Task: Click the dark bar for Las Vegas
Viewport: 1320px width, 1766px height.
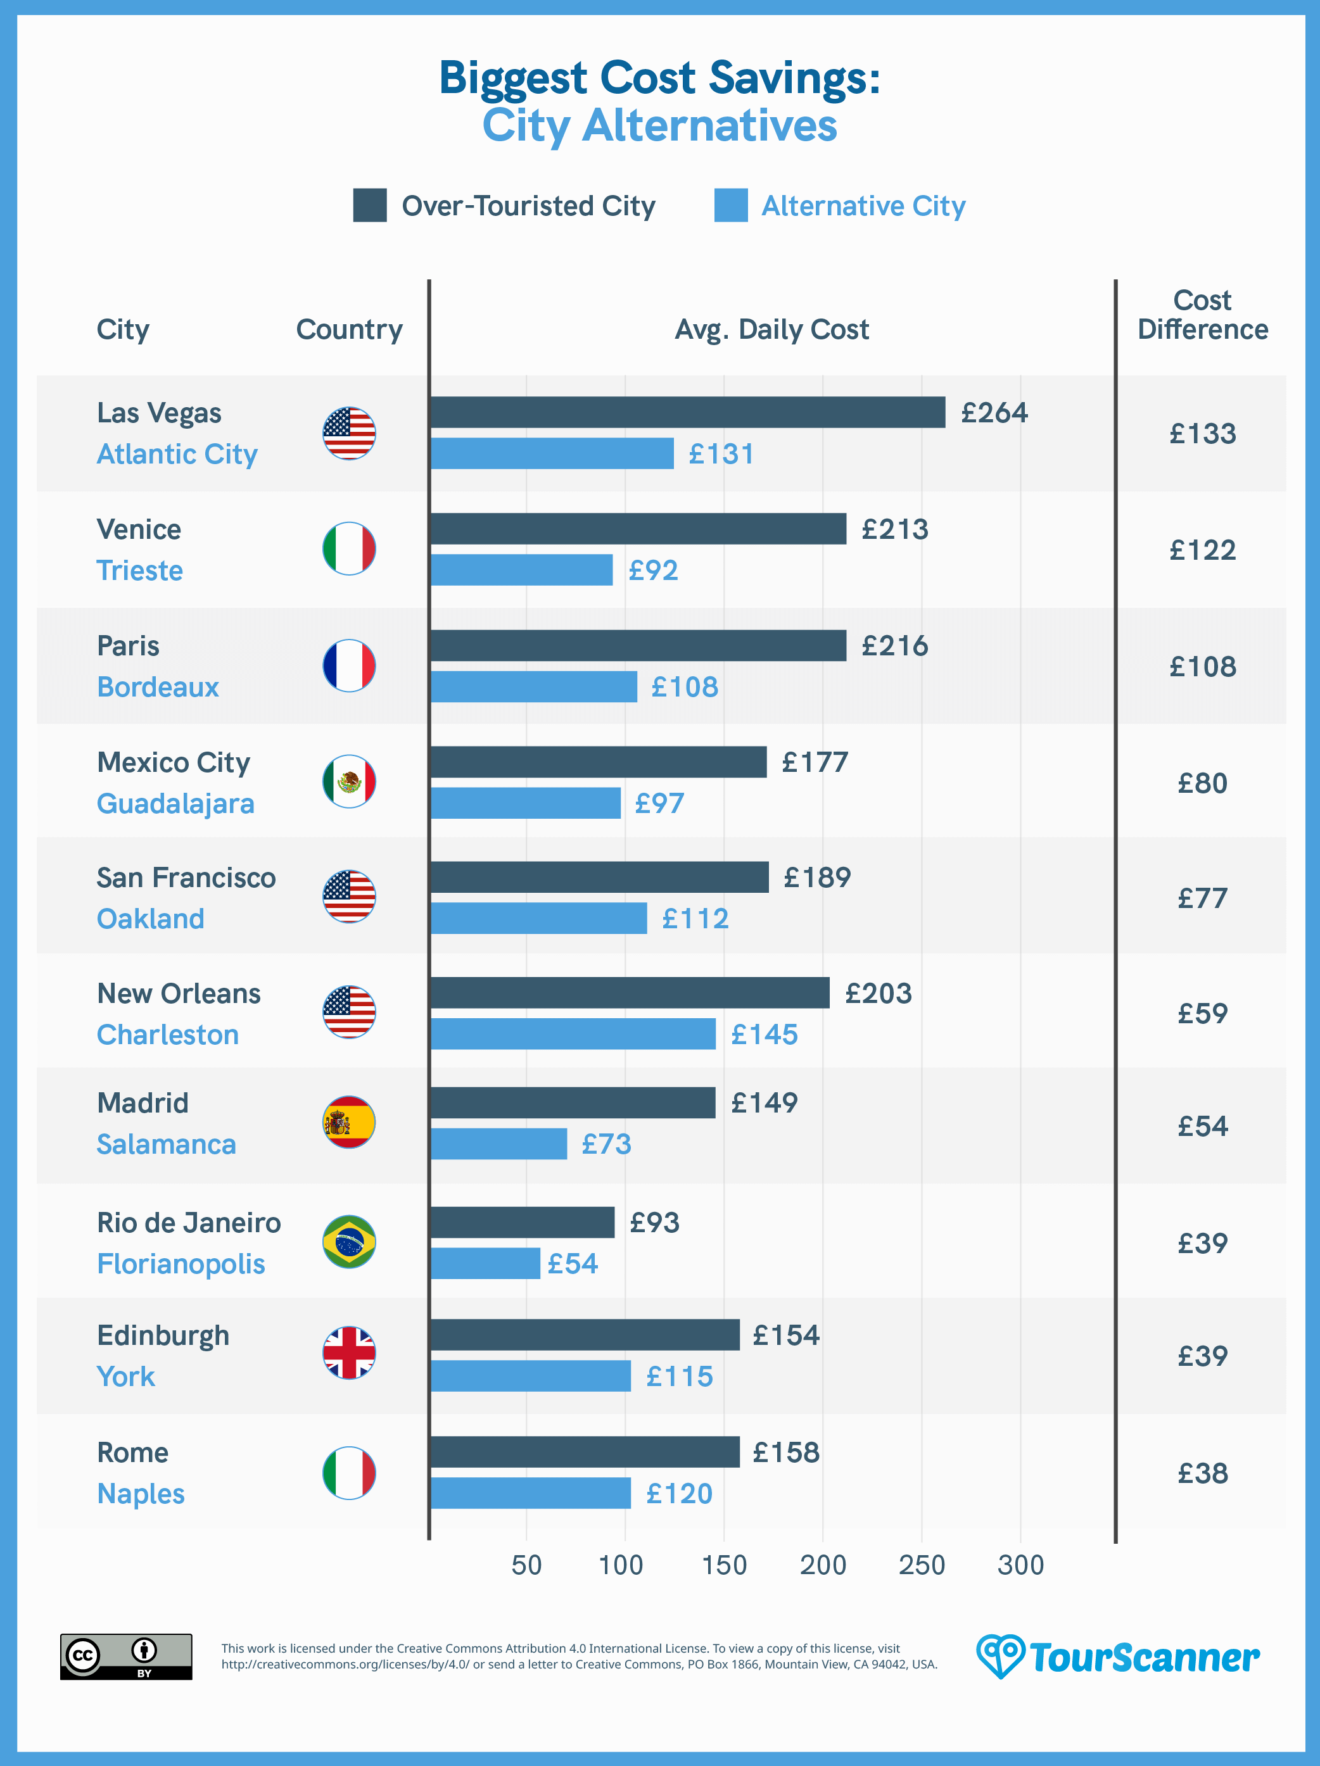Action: click(x=687, y=412)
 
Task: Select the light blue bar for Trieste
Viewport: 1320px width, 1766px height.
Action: click(x=521, y=570)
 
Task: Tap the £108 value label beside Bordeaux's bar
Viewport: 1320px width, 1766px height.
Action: click(x=684, y=686)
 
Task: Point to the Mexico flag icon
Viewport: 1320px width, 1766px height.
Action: click(x=349, y=781)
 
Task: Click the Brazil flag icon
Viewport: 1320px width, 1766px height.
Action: click(x=349, y=1242)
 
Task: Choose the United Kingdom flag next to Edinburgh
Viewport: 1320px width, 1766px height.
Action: click(x=349, y=1353)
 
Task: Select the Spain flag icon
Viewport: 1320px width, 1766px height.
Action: click(x=349, y=1123)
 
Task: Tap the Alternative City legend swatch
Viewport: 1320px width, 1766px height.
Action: click(x=731, y=205)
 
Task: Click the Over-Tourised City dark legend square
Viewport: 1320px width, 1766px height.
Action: click(x=370, y=205)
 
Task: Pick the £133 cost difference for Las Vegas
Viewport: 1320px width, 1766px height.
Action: click(x=1203, y=434)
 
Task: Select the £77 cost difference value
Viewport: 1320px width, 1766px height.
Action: click(x=1203, y=898)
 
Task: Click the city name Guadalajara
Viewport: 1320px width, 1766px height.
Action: click(x=175, y=803)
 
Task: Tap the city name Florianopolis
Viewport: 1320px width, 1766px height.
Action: click(x=181, y=1264)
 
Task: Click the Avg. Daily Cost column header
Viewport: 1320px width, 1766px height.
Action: click(x=771, y=329)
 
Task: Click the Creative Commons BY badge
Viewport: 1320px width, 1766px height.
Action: click(x=126, y=1656)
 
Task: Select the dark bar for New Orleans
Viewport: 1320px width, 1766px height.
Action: click(x=629, y=993)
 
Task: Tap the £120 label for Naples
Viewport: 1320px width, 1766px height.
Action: click(x=679, y=1493)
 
